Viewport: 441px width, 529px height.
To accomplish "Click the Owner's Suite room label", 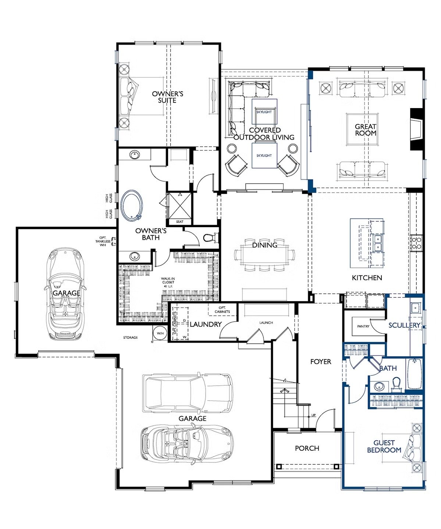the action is coord(167,97).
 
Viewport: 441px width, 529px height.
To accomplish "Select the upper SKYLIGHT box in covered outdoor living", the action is coord(264,112).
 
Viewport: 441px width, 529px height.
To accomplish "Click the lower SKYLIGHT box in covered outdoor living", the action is coord(264,156).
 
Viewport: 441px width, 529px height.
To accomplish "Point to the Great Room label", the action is coord(366,129).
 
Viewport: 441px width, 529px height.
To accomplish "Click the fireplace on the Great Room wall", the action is coord(416,129).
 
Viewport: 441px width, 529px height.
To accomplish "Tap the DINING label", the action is coord(264,245).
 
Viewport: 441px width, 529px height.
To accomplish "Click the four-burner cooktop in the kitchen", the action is coord(416,243).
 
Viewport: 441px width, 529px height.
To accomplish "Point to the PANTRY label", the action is coord(363,326).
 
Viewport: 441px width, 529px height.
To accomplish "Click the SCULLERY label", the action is coord(404,325).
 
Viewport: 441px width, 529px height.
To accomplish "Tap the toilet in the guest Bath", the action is coord(396,384).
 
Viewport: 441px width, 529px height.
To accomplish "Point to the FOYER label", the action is coord(321,361).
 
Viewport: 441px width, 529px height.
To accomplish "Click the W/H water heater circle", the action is coord(160,333).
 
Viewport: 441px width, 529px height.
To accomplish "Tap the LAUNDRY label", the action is coord(206,324).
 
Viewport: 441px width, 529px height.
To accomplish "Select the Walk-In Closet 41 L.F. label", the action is coord(167,282).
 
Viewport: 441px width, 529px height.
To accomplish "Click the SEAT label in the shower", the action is coord(180,222).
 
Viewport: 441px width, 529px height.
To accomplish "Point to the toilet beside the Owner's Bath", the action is coord(208,237).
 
